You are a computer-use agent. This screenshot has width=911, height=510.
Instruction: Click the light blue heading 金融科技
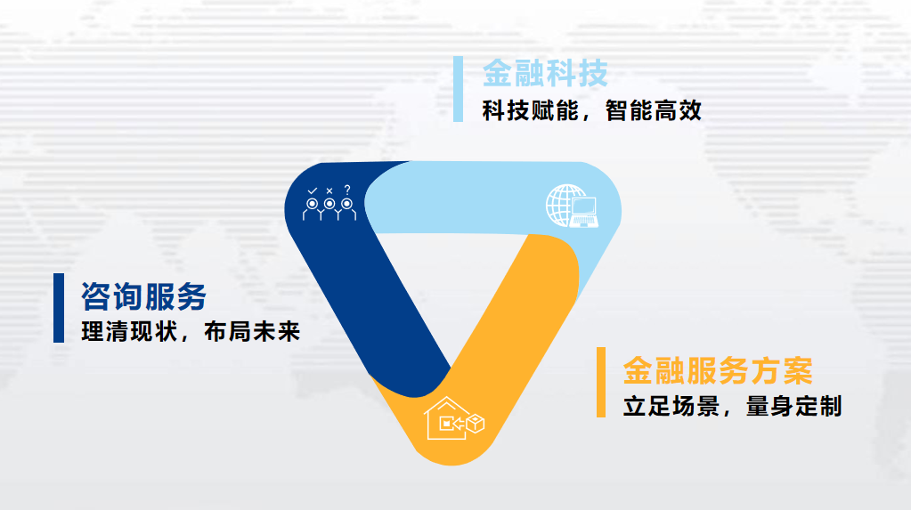(545, 73)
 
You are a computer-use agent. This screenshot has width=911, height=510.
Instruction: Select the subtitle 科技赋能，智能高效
(591, 110)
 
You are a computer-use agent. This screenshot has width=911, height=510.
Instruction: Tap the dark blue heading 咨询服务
(143, 296)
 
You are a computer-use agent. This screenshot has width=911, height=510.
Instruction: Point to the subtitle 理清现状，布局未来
(191, 332)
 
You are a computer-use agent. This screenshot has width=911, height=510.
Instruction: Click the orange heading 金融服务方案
(718, 371)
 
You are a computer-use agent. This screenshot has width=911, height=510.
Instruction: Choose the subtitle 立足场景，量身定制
(732, 406)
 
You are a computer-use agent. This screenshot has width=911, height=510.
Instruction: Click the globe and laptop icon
(573, 206)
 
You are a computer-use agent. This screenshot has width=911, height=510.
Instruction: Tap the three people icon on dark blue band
(329, 203)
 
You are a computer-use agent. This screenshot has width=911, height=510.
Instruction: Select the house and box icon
(454, 418)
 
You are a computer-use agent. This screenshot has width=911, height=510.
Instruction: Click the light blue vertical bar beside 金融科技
(458, 89)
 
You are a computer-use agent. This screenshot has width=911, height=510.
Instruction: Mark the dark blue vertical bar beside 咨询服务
(59, 308)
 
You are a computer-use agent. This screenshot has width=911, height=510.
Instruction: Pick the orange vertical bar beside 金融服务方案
(601, 382)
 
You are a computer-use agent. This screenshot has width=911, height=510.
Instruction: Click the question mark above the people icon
(347, 190)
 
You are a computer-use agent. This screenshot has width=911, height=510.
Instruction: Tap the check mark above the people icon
(313, 190)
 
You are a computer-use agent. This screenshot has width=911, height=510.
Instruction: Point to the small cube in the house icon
(476, 424)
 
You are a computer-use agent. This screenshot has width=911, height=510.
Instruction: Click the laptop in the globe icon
(584, 213)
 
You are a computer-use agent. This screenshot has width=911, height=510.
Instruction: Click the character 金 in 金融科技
(497, 73)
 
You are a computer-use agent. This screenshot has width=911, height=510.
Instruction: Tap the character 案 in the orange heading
(798, 371)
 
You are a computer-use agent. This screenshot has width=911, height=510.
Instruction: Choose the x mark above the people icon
(329, 190)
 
